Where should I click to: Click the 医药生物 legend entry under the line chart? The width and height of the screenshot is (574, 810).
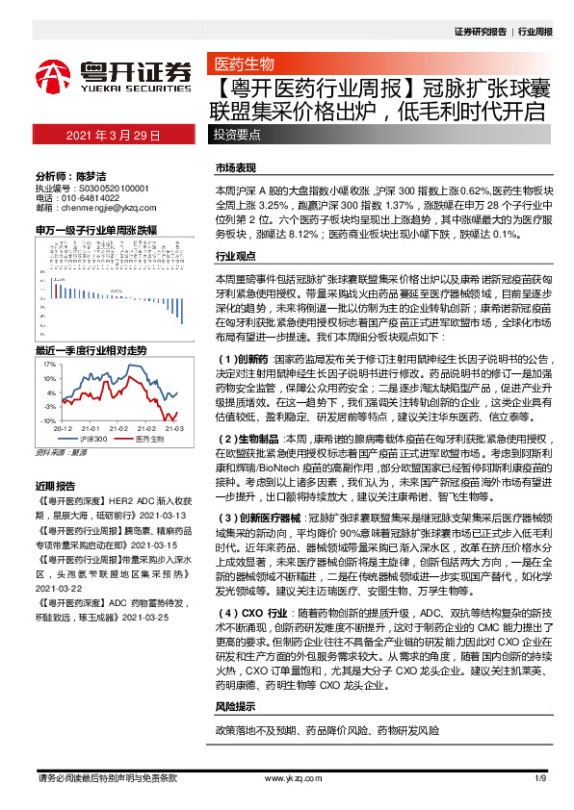[x=149, y=439]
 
